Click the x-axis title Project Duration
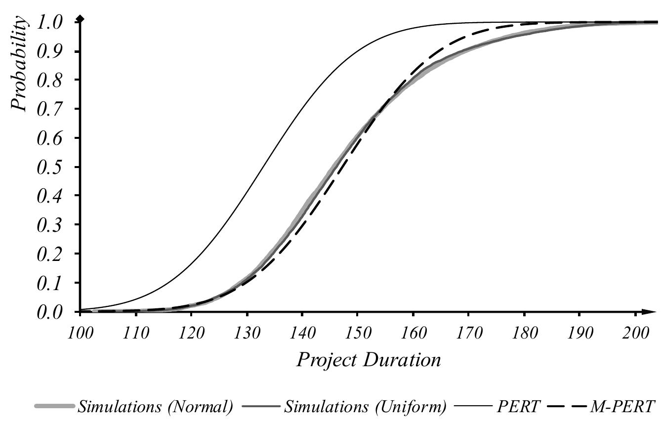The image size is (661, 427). pos(368,360)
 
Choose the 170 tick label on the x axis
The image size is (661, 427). pos(468,333)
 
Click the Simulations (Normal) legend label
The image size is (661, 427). pos(154,407)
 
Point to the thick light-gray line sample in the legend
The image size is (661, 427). pos(54,407)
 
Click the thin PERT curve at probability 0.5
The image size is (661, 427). pos(267,167)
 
